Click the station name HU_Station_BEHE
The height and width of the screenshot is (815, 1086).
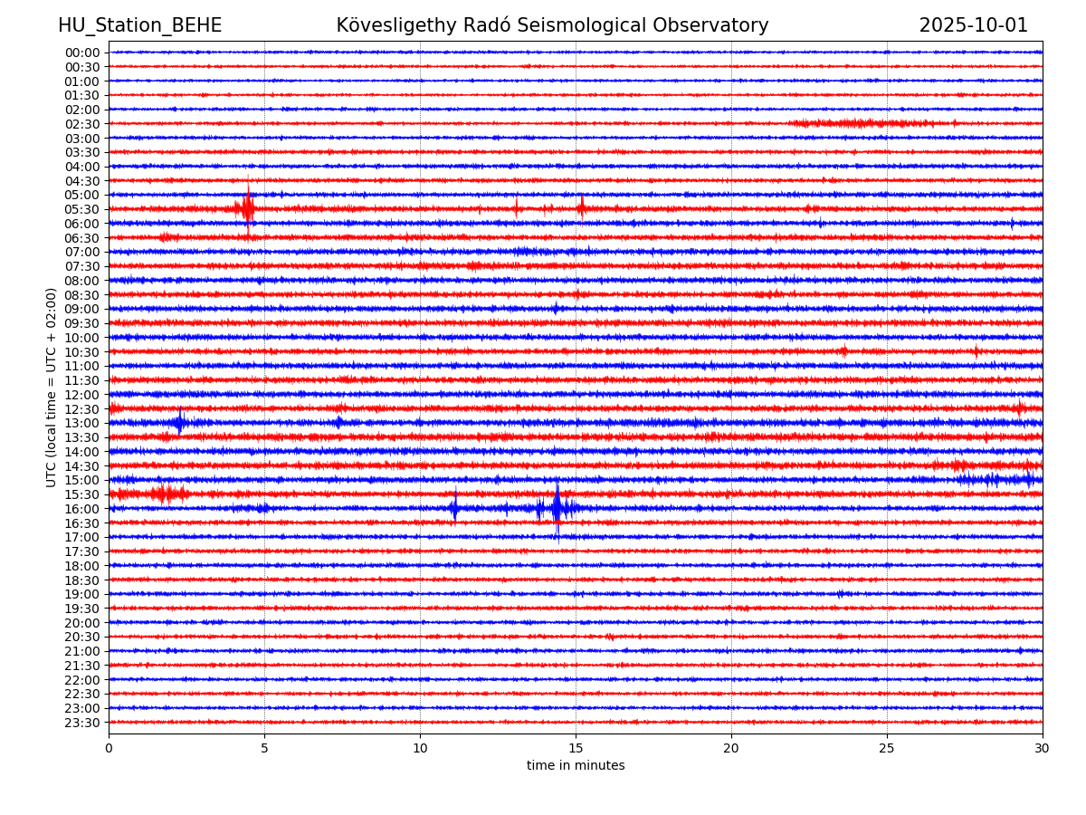point(139,26)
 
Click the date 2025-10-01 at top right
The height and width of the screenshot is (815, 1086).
point(973,26)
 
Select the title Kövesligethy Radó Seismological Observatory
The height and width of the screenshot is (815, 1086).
point(552,26)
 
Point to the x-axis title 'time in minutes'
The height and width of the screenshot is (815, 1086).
point(576,766)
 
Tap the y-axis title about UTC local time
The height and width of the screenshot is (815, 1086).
point(52,388)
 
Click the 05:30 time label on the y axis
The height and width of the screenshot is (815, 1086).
point(81,209)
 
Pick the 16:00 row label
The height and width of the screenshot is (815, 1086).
point(81,509)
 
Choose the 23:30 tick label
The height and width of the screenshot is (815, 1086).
point(81,723)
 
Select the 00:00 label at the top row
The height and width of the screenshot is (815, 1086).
point(81,53)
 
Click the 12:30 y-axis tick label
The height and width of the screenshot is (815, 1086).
point(81,409)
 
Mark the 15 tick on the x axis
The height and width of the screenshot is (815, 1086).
point(576,749)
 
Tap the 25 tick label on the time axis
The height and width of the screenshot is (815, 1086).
point(887,749)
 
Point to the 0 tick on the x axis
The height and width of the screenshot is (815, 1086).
point(109,749)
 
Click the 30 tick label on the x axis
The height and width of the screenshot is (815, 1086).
point(1043,749)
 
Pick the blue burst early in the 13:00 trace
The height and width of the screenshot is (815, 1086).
point(180,422)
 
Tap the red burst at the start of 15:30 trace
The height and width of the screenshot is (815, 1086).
point(161,493)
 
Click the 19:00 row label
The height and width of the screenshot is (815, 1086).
point(81,594)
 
